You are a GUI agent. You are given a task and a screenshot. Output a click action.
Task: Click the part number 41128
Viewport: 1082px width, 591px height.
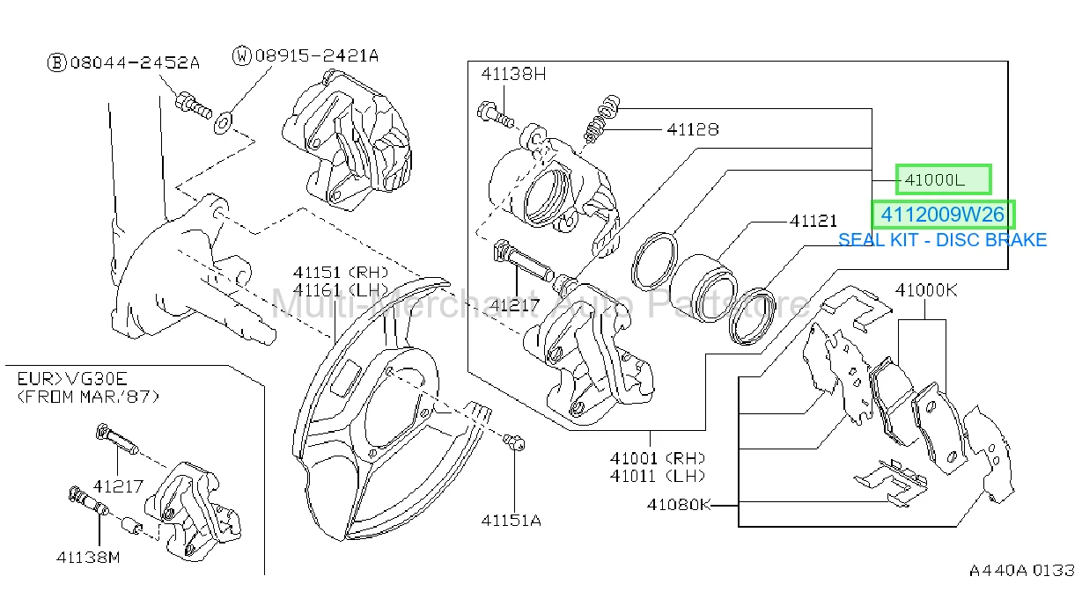pyautogui.click(x=693, y=129)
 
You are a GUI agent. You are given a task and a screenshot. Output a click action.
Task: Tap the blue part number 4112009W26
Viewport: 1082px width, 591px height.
pyautogui.click(x=943, y=215)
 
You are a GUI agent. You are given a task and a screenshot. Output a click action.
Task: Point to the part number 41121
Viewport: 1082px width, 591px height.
pyautogui.click(x=813, y=221)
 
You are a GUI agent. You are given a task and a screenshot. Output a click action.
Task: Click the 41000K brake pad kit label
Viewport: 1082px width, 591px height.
pyautogui.click(x=926, y=290)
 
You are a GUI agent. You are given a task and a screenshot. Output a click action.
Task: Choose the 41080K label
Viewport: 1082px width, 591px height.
pyautogui.click(x=679, y=505)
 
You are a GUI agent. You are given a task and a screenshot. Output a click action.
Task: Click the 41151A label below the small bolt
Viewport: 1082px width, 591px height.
pyautogui.click(x=511, y=521)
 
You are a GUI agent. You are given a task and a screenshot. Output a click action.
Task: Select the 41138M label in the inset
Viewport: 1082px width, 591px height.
pyautogui.click(x=88, y=558)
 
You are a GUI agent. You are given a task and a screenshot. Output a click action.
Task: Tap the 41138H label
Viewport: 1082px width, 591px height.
pyautogui.click(x=513, y=74)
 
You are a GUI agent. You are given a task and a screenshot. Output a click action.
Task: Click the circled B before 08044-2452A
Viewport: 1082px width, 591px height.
pyautogui.click(x=56, y=62)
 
